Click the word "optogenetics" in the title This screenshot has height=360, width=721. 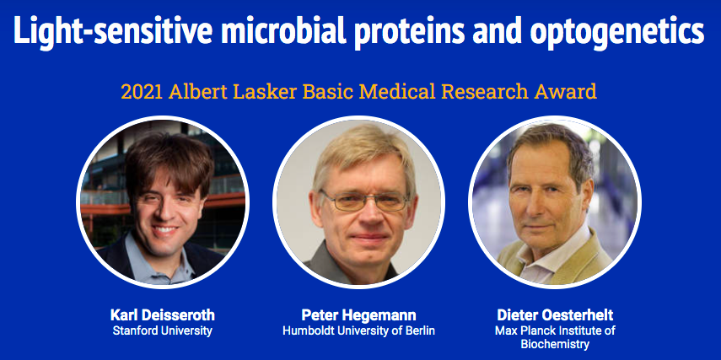tap(616, 30)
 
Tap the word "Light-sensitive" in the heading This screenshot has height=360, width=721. tap(113, 30)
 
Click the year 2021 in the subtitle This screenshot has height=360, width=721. tap(142, 92)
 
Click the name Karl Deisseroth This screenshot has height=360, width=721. tap(162, 315)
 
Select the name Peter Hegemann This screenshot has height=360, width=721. tap(358, 315)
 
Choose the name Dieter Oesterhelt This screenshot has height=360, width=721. tap(555, 315)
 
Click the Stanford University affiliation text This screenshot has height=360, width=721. tap(162, 330)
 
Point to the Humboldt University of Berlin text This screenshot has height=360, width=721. tap(358, 330)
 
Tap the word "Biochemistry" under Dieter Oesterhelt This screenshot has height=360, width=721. tap(555, 344)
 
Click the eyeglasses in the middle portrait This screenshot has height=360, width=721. tap(363, 201)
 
